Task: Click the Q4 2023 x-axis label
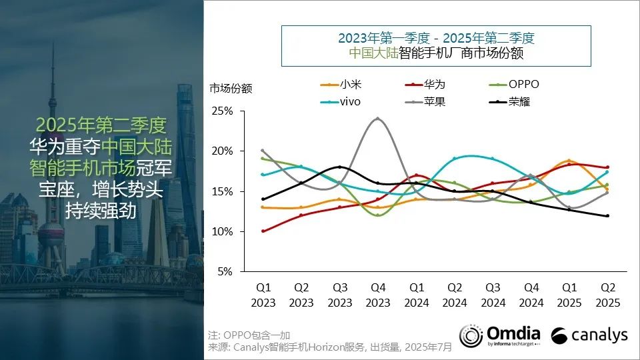(x=378, y=295)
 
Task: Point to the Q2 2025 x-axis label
(x=607, y=295)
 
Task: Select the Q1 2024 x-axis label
(x=416, y=295)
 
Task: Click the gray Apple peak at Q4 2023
(x=378, y=119)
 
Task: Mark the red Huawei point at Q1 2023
(x=263, y=231)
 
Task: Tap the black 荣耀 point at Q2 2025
(x=607, y=215)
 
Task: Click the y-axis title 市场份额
(x=231, y=88)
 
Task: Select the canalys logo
(x=589, y=335)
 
